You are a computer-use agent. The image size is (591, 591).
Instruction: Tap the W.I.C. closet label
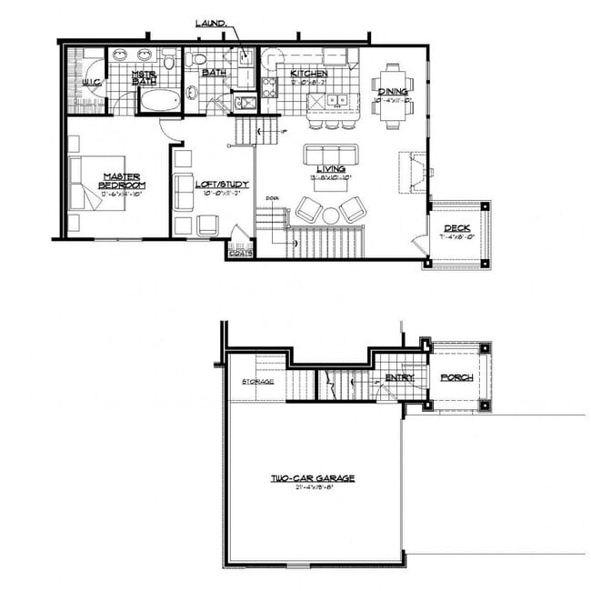(x=90, y=83)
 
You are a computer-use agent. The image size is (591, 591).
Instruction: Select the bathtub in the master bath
(x=160, y=101)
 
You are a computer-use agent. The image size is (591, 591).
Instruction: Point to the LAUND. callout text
(x=210, y=24)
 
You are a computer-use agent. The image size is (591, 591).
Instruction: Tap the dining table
(x=393, y=91)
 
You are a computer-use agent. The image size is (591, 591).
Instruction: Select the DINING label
(x=393, y=92)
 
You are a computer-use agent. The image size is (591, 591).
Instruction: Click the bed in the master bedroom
(x=98, y=182)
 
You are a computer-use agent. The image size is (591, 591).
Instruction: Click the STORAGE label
(x=257, y=381)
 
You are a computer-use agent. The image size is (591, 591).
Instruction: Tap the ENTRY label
(x=399, y=377)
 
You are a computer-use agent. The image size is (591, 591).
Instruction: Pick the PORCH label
(x=456, y=377)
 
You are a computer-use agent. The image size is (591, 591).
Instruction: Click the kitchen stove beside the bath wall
(x=270, y=86)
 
